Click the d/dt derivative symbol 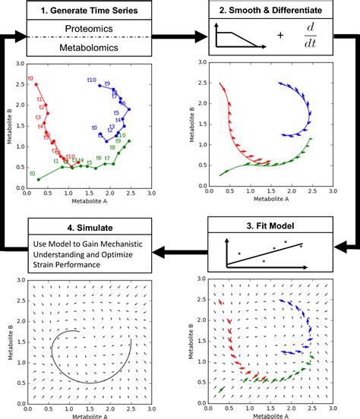click(309, 39)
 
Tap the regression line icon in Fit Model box click(262, 255)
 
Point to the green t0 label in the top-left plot click(31, 174)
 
